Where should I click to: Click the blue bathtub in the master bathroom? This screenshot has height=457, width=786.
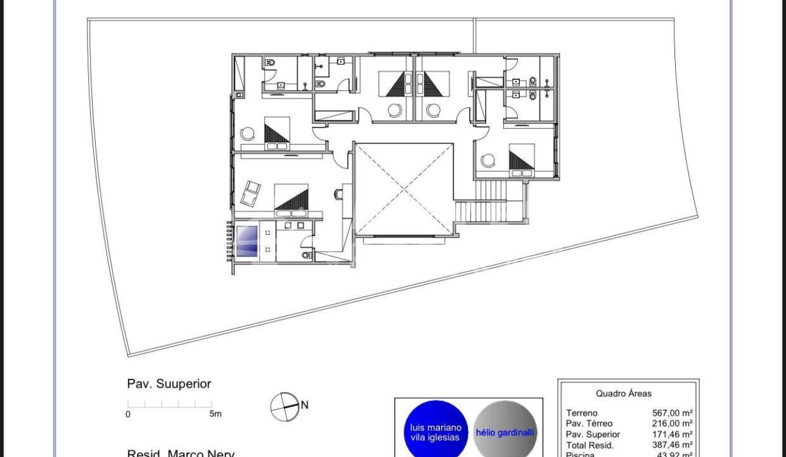[247, 241]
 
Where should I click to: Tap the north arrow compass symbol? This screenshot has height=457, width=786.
[284, 407]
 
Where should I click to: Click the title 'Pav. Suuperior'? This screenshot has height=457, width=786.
[169, 384]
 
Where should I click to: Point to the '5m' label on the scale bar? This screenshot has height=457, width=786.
[216, 414]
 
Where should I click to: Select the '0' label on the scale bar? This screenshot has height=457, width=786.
[128, 414]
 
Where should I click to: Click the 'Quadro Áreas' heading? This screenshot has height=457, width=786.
[624, 394]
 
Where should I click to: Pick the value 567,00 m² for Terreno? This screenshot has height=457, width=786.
[672, 413]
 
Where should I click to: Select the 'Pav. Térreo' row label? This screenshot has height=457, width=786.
[589, 423]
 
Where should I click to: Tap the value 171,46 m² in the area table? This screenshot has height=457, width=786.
[672, 435]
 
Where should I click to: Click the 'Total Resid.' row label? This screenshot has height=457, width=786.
[589, 446]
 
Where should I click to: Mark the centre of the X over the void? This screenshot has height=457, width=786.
[404, 189]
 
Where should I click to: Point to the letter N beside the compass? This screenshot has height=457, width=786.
[304, 405]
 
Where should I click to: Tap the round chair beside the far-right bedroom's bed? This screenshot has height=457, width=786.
[487, 161]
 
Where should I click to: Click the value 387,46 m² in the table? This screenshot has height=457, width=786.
[672, 446]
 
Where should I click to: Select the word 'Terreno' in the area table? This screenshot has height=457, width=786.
[582, 413]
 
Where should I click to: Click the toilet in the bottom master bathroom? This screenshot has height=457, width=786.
[306, 255]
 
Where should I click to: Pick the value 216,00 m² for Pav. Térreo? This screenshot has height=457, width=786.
[672, 423]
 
